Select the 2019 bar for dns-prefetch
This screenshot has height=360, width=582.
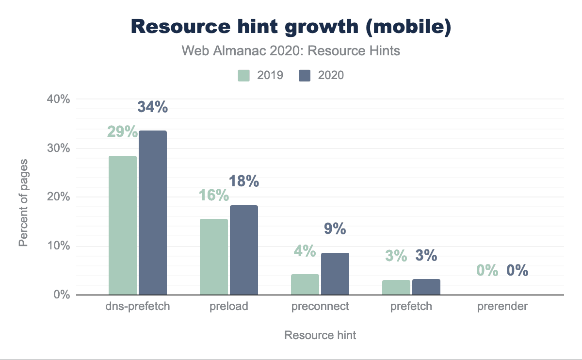[x=123, y=225]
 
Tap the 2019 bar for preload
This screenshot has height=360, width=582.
[x=214, y=257]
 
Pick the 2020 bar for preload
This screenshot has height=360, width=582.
[x=244, y=250]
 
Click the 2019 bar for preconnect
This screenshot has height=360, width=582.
[x=305, y=284]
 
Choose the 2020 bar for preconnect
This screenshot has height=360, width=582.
[x=335, y=274]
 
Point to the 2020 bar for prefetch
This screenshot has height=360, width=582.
[x=426, y=287]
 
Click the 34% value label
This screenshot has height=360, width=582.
[x=153, y=107]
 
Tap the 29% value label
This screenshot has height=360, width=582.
[x=122, y=131]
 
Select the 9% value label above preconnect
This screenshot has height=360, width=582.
[x=335, y=229]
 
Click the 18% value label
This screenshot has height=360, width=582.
[x=244, y=181]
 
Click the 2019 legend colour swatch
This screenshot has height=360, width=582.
[x=244, y=75]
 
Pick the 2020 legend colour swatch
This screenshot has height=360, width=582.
[x=305, y=75]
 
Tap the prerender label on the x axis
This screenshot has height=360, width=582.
[x=502, y=307]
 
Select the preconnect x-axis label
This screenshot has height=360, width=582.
[x=320, y=307]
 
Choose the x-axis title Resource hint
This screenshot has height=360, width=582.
[x=320, y=335]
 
